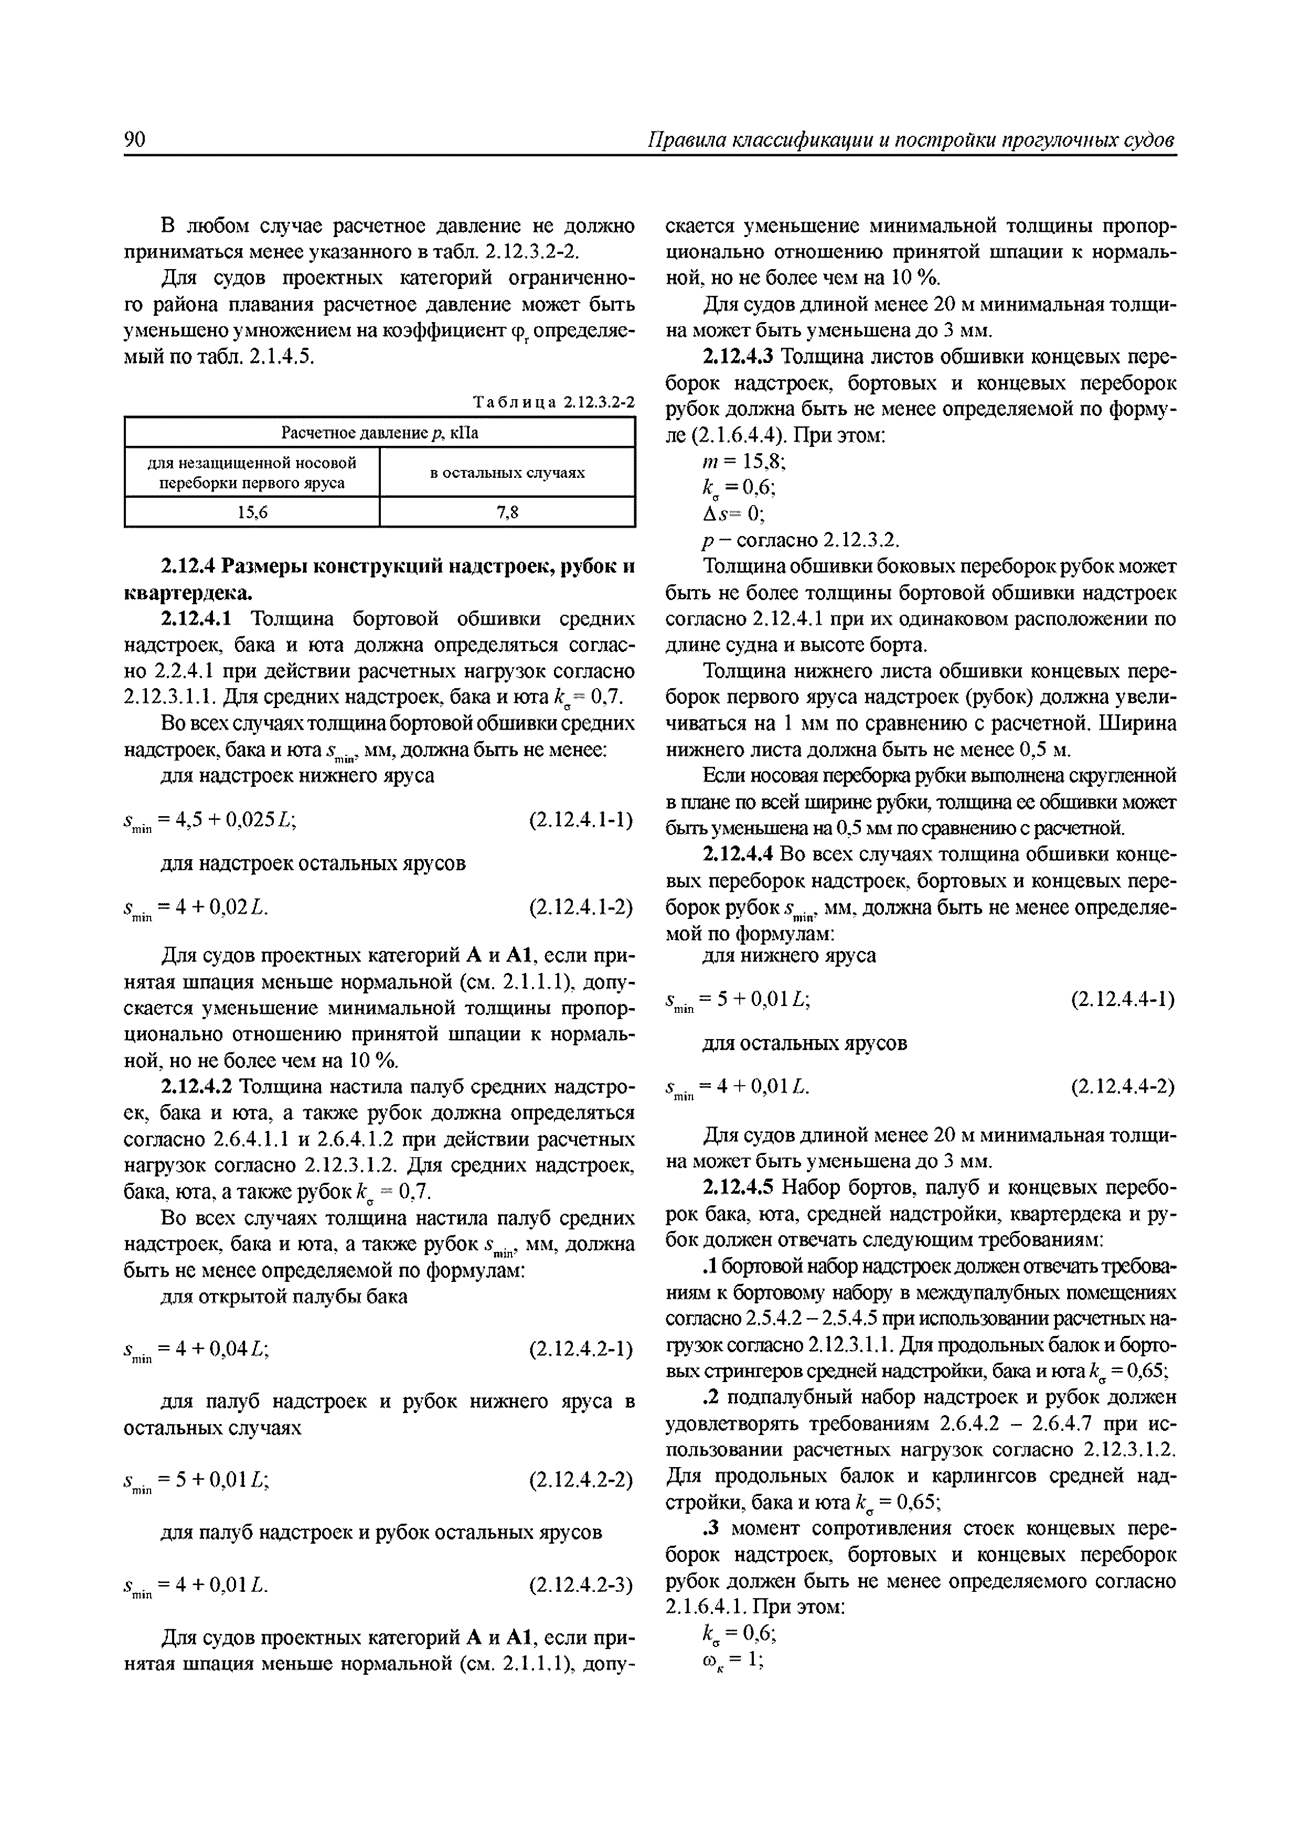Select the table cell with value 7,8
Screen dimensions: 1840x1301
pyautogui.click(x=507, y=512)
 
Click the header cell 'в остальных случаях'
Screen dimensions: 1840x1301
pyautogui.click(x=507, y=473)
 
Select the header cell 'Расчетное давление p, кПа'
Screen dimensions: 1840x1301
pyautogui.click(x=379, y=434)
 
